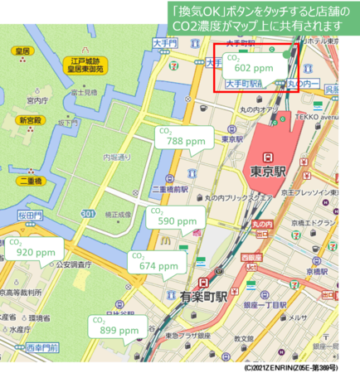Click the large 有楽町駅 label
(x=202, y=295)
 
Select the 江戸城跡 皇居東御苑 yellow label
(x=86, y=65)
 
